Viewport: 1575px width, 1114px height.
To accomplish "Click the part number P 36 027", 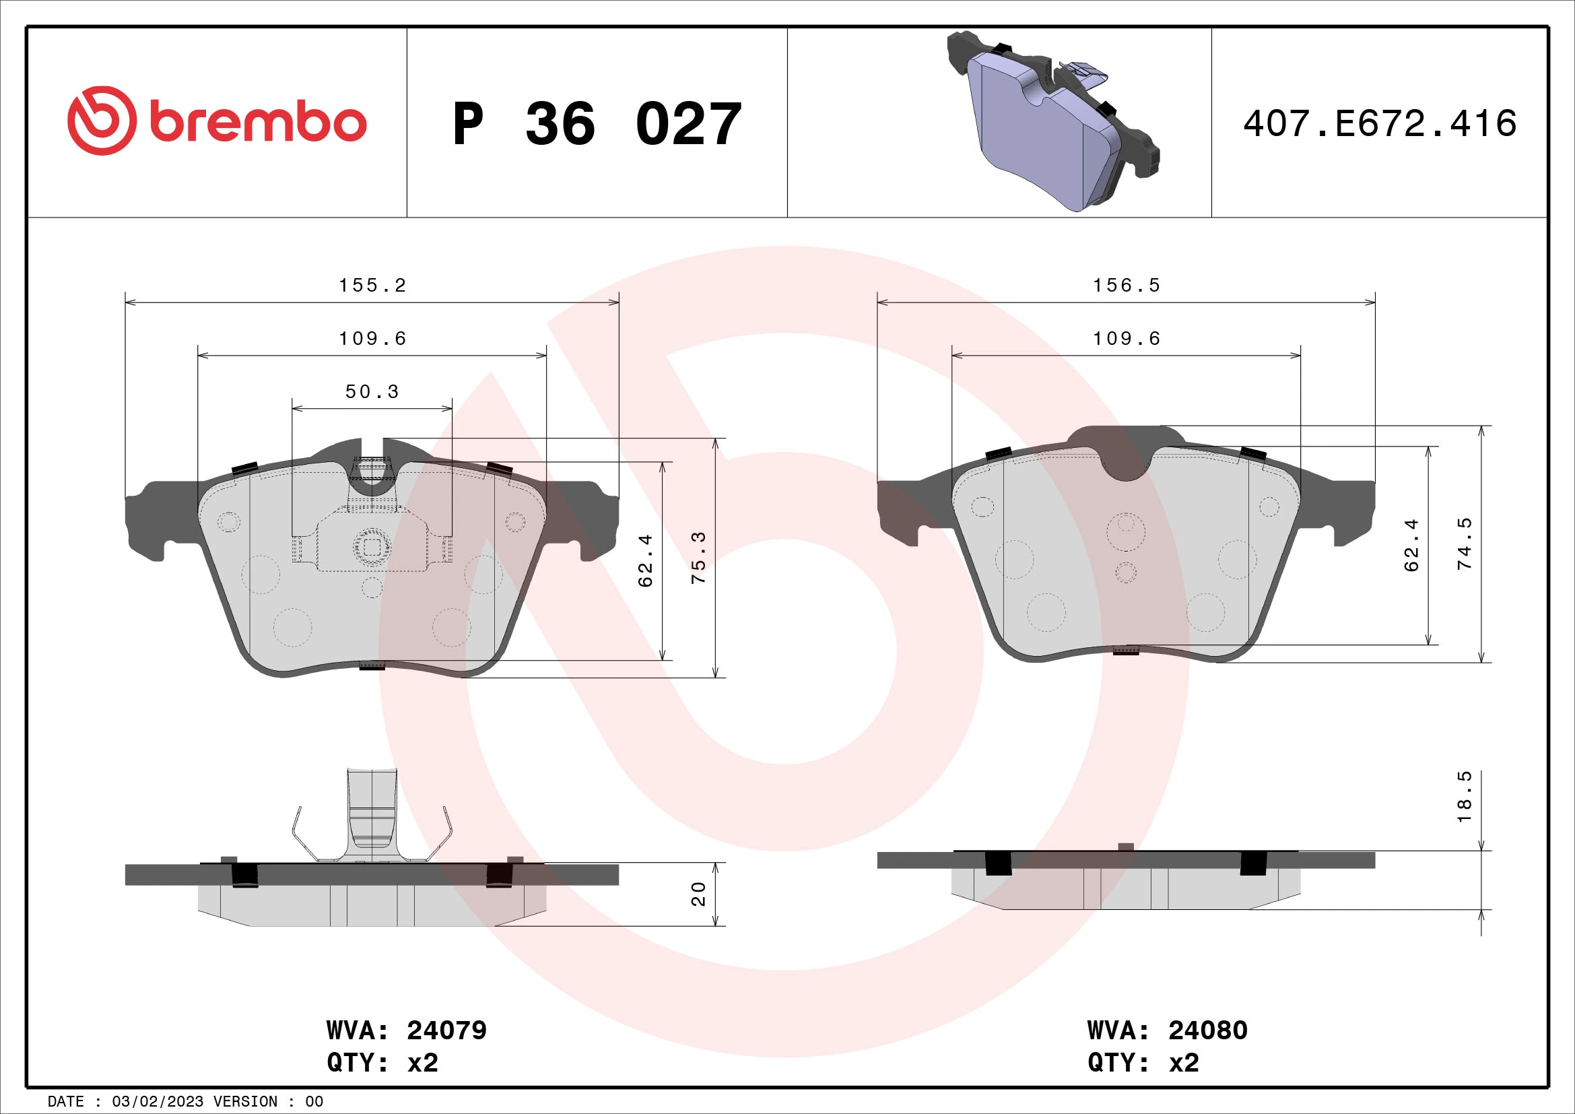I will [597, 124].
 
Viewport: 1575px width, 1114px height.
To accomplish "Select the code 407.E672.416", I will [1380, 124].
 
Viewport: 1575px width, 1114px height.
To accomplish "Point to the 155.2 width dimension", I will [372, 286].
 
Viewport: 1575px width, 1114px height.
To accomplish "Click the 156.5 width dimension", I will [1127, 286].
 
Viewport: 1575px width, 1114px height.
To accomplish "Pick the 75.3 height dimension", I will [698, 558].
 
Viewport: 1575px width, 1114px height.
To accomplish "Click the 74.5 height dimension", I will [1465, 544].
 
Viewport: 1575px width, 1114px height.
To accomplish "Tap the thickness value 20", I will [698, 894].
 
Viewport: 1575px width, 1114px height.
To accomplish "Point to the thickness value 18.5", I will [1465, 797].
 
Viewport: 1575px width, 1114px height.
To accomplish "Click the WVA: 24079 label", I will [406, 1030].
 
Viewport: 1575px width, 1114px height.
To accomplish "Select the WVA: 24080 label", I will [1167, 1030].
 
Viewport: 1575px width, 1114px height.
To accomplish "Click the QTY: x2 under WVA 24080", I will [1143, 1062].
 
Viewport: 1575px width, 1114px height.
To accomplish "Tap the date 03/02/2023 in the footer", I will [157, 1101].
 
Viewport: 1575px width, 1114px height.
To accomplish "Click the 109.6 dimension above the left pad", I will [372, 339].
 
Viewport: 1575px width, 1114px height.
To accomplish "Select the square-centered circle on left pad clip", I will [371, 547].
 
